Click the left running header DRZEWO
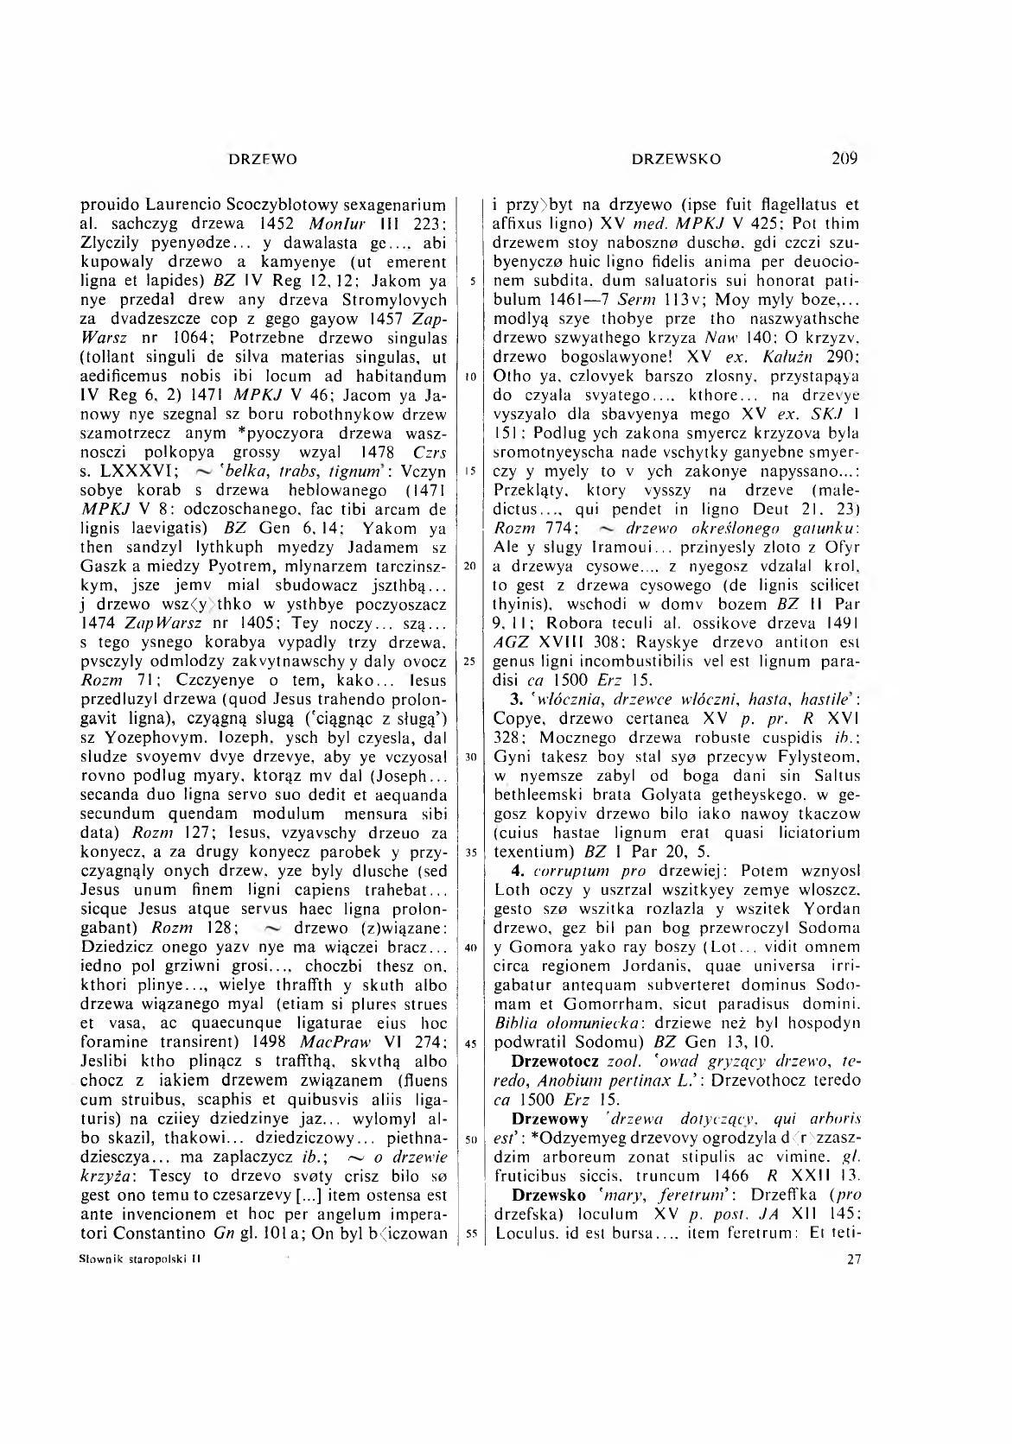[x=262, y=159]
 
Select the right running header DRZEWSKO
[x=676, y=159]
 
